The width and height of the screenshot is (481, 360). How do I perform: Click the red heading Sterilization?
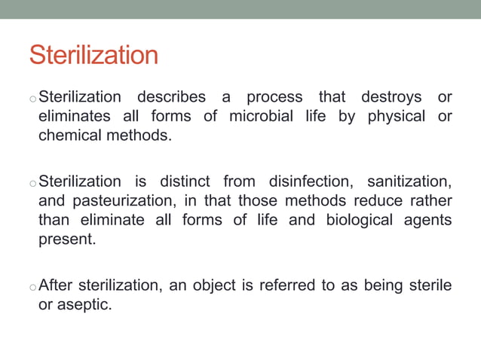(93, 55)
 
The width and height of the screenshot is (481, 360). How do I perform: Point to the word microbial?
(262, 116)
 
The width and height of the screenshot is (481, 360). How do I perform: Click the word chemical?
(68, 135)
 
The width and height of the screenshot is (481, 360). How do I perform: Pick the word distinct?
(185, 182)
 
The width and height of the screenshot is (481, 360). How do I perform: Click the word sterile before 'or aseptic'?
(430, 285)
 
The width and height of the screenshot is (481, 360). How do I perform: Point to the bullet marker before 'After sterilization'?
(32, 287)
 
